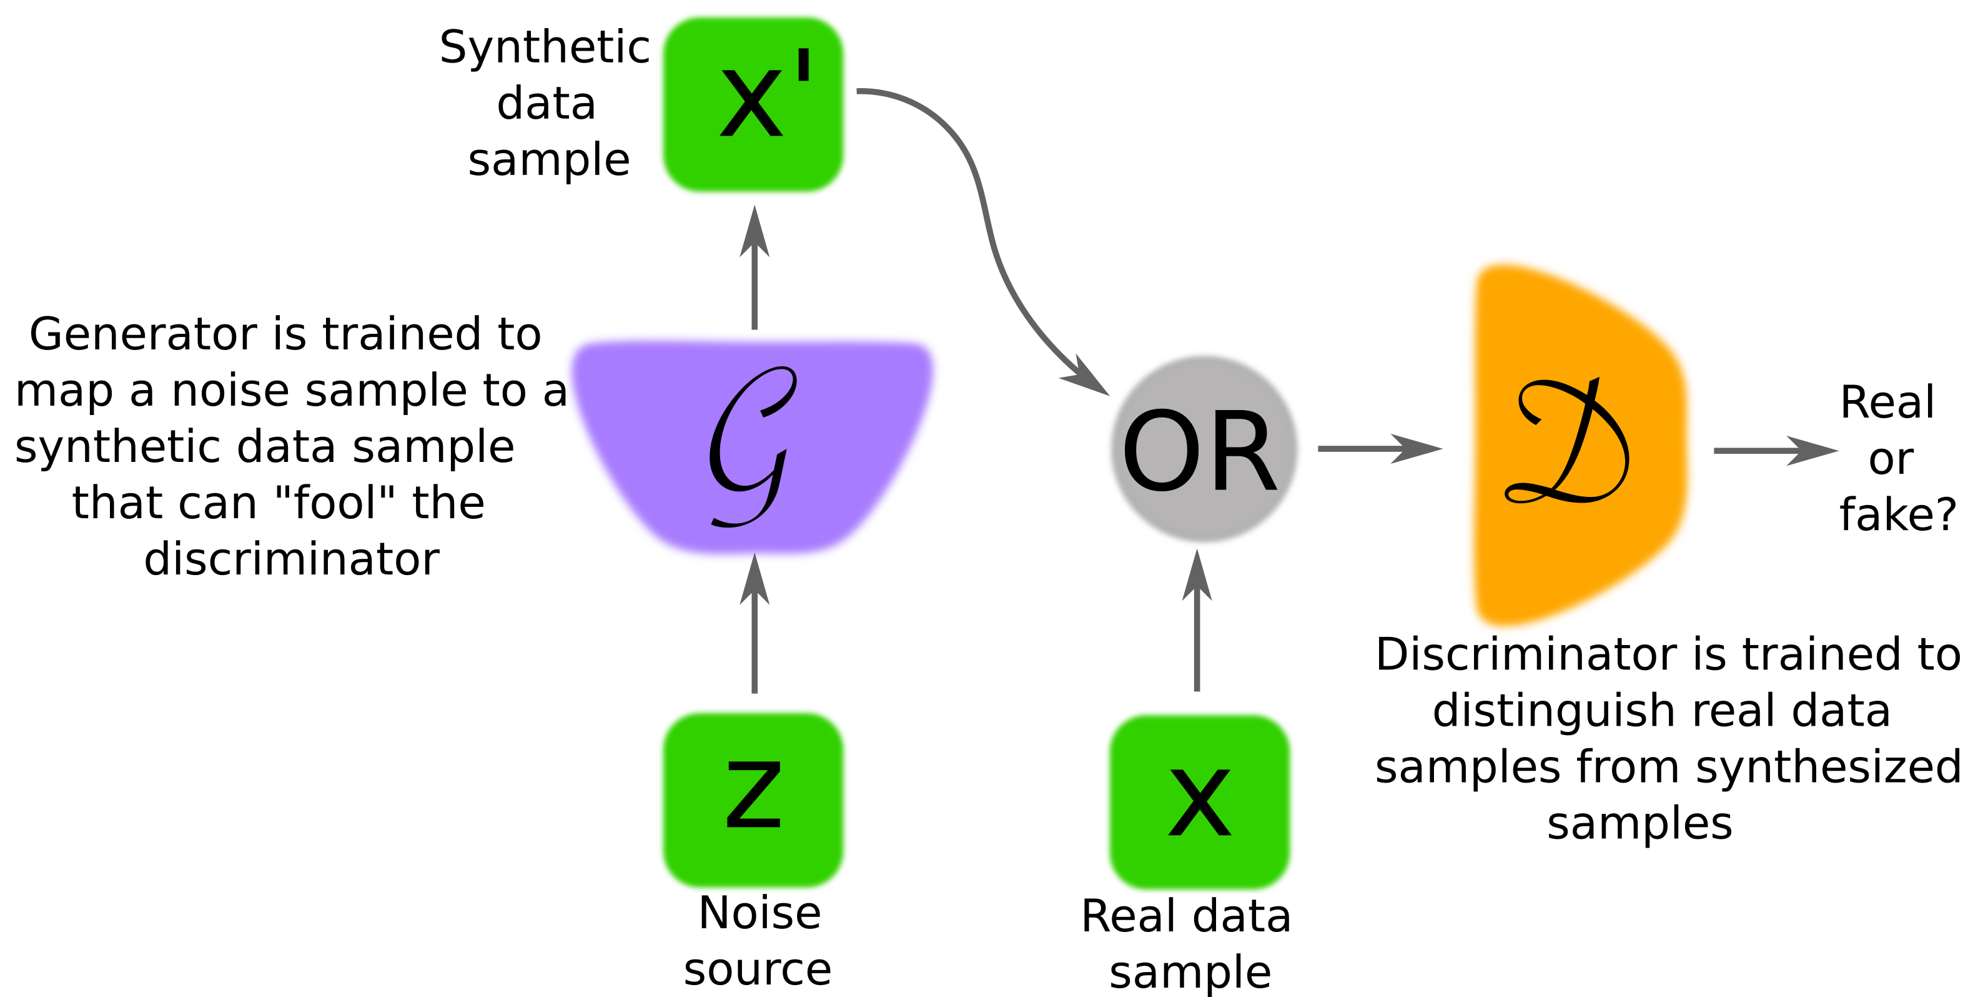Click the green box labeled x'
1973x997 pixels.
click(753, 104)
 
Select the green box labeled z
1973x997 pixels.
click(753, 799)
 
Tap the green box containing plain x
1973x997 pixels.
click(1199, 801)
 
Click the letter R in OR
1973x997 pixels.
click(1242, 450)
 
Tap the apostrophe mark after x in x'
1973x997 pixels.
click(803, 68)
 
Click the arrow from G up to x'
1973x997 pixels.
click(754, 276)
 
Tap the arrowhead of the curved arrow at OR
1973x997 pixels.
click(1087, 377)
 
